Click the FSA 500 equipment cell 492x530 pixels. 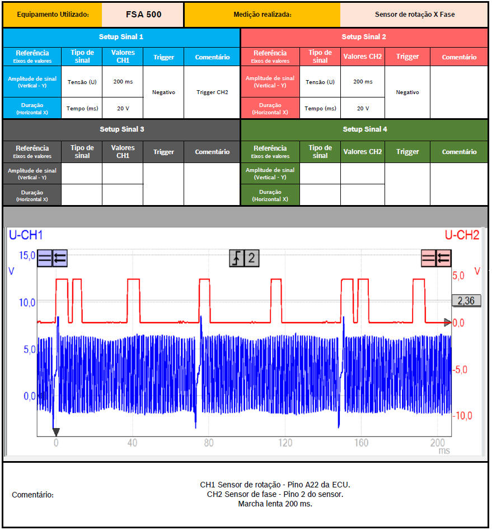click(143, 15)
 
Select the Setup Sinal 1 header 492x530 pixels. click(121, 37)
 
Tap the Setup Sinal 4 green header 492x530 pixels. click(364, 129)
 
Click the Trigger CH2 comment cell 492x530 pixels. click(212, 92)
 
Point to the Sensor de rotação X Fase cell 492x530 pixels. click(414, 15)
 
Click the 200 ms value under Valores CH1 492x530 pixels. click(123, 82)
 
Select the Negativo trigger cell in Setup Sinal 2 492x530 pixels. click(407, 92)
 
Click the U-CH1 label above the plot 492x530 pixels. click(26, 236)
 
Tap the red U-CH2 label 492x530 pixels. click(462, 236)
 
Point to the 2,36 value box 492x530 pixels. click(466, 301)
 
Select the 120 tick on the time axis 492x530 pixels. click(285, 443)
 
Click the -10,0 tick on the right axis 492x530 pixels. click(462, 416)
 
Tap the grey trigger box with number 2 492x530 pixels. click(245, 258)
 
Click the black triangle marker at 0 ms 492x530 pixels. click(56, 432)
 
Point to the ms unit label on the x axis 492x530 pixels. click(444, 450)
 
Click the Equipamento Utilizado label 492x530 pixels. click(53, 15)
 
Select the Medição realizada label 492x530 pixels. click(262, 15)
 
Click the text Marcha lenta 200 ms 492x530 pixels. click(275, 504)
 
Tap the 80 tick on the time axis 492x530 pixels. click(209, 443)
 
